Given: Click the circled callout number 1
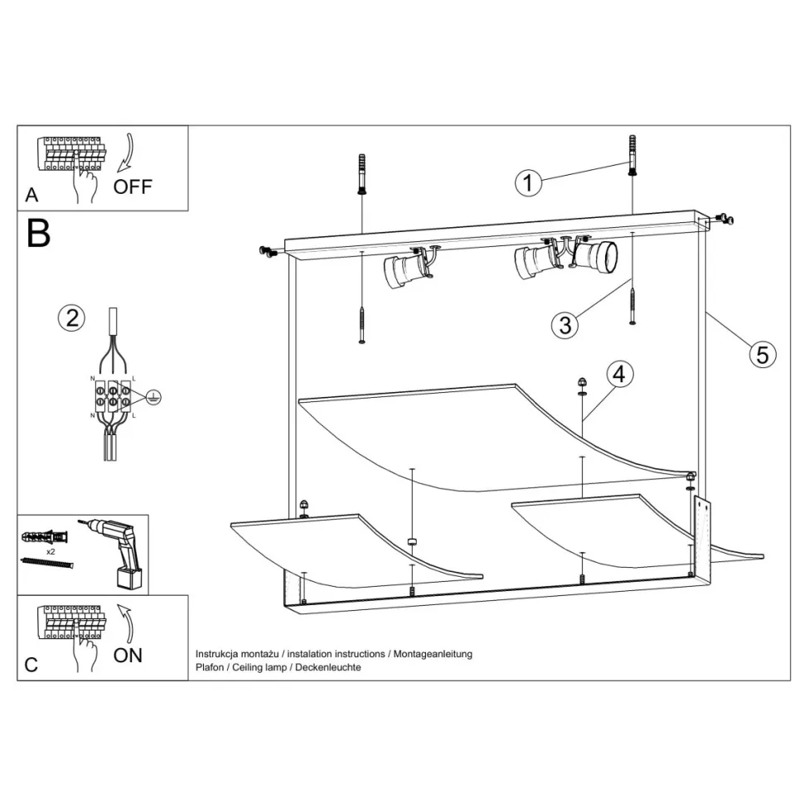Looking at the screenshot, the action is [x=528, y=182].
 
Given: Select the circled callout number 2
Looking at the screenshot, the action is [x=71, y=318].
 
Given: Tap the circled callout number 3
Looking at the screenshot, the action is [x=565, y=325].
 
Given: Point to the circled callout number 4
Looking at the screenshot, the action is [x=619, y=375].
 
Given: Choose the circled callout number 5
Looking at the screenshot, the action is [x=763, y=355].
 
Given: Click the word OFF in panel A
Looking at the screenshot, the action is [x=133, y=187].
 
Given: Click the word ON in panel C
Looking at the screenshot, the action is [x=128, y=656].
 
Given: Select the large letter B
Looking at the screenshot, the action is [x=38, y=234].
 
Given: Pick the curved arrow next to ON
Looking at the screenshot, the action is [x=126, y=623].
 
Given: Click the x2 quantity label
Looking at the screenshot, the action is [x=51, y=552].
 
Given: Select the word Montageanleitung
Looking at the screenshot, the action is [x=433, y=654].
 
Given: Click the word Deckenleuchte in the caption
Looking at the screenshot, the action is [x=328, y=667].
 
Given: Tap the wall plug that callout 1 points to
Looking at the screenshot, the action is [x=632, y=155].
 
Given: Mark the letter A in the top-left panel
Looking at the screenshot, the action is [x=31, y=196].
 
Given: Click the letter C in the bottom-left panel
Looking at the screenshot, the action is [x=31, y=665].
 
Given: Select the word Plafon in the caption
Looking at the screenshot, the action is [x=210, y=667].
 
